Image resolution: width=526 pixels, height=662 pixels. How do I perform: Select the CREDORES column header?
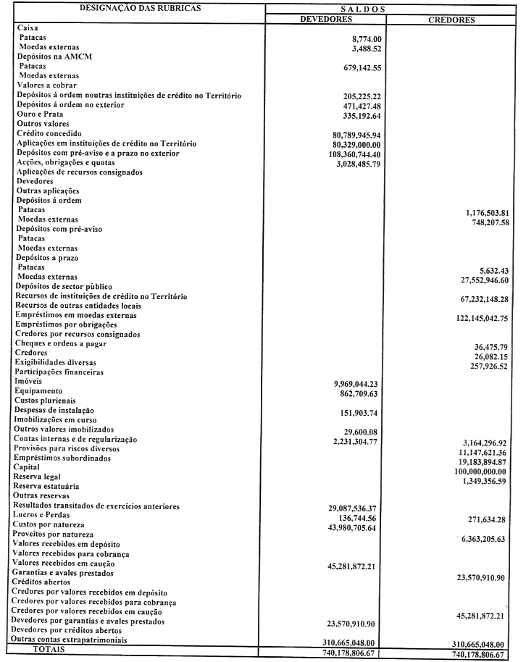451,20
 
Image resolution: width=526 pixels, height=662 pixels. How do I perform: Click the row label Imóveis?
30,380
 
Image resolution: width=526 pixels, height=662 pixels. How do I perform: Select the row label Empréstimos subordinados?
64,457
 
